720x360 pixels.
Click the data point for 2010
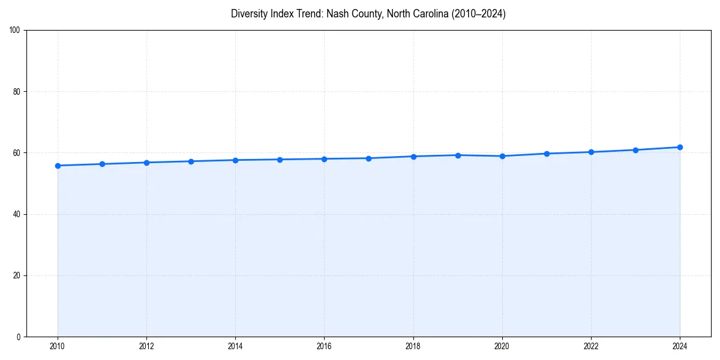coord(58,166)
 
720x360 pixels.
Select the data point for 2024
coord(680,147)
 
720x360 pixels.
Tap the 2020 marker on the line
coord(502,156)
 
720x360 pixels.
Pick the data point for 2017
coord(368,158)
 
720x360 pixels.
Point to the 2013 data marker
coord(191,161)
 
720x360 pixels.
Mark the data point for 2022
coord(591,152)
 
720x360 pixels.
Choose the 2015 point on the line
coord(280,160)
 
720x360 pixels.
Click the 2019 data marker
coord(458,155)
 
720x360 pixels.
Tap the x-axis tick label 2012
coord(146,346)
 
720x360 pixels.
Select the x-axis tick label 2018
coord(413,346)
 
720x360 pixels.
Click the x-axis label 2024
coord(680,346)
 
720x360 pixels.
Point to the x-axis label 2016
coord(324,346)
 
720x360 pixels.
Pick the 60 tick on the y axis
coord(16,153)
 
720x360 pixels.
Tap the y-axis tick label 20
coord(16,275)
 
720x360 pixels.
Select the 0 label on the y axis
coord(19,337)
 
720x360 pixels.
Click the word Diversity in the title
coord(248,14)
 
